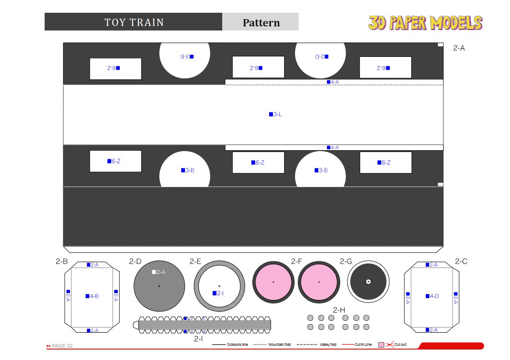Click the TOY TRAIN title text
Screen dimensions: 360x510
(134, 22)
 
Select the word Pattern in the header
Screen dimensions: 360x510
(261, 23)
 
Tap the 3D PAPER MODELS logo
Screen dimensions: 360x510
(425, 23)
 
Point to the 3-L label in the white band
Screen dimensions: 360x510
(275, 114)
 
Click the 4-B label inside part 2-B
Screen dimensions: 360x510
(92, 296)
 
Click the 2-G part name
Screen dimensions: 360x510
(346, 261)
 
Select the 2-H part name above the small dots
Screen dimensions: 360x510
(339, 310)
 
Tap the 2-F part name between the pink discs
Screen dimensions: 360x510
(296, 261)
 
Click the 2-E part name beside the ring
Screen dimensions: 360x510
(195, 261)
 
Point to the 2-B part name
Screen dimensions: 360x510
(62, 261)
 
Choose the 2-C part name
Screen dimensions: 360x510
(461, 261)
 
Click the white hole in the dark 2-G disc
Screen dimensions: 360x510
(368, 282)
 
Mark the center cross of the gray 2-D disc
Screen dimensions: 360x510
(159, 286)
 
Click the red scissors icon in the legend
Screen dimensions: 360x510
(390, 345)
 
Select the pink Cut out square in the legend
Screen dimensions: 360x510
(382, 345)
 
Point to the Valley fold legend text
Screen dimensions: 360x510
(328, 345)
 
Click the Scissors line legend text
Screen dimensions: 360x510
(237, 345)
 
